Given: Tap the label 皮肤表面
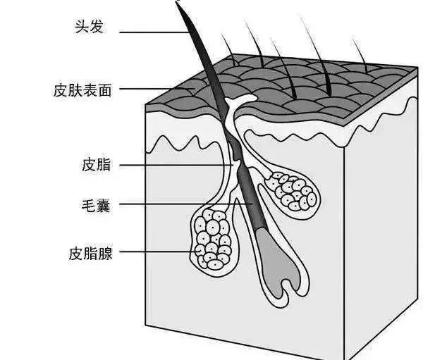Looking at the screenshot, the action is [82, 90].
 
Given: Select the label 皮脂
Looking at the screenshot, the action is [97, 166].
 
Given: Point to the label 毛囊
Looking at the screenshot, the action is [97, 207].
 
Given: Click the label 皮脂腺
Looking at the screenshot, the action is [90, 252].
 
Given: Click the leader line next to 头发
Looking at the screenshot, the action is [155, 31].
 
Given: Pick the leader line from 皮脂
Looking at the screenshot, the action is [176, 166].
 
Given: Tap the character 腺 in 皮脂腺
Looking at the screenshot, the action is [105, 252].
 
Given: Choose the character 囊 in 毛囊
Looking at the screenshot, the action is [104, 207].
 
